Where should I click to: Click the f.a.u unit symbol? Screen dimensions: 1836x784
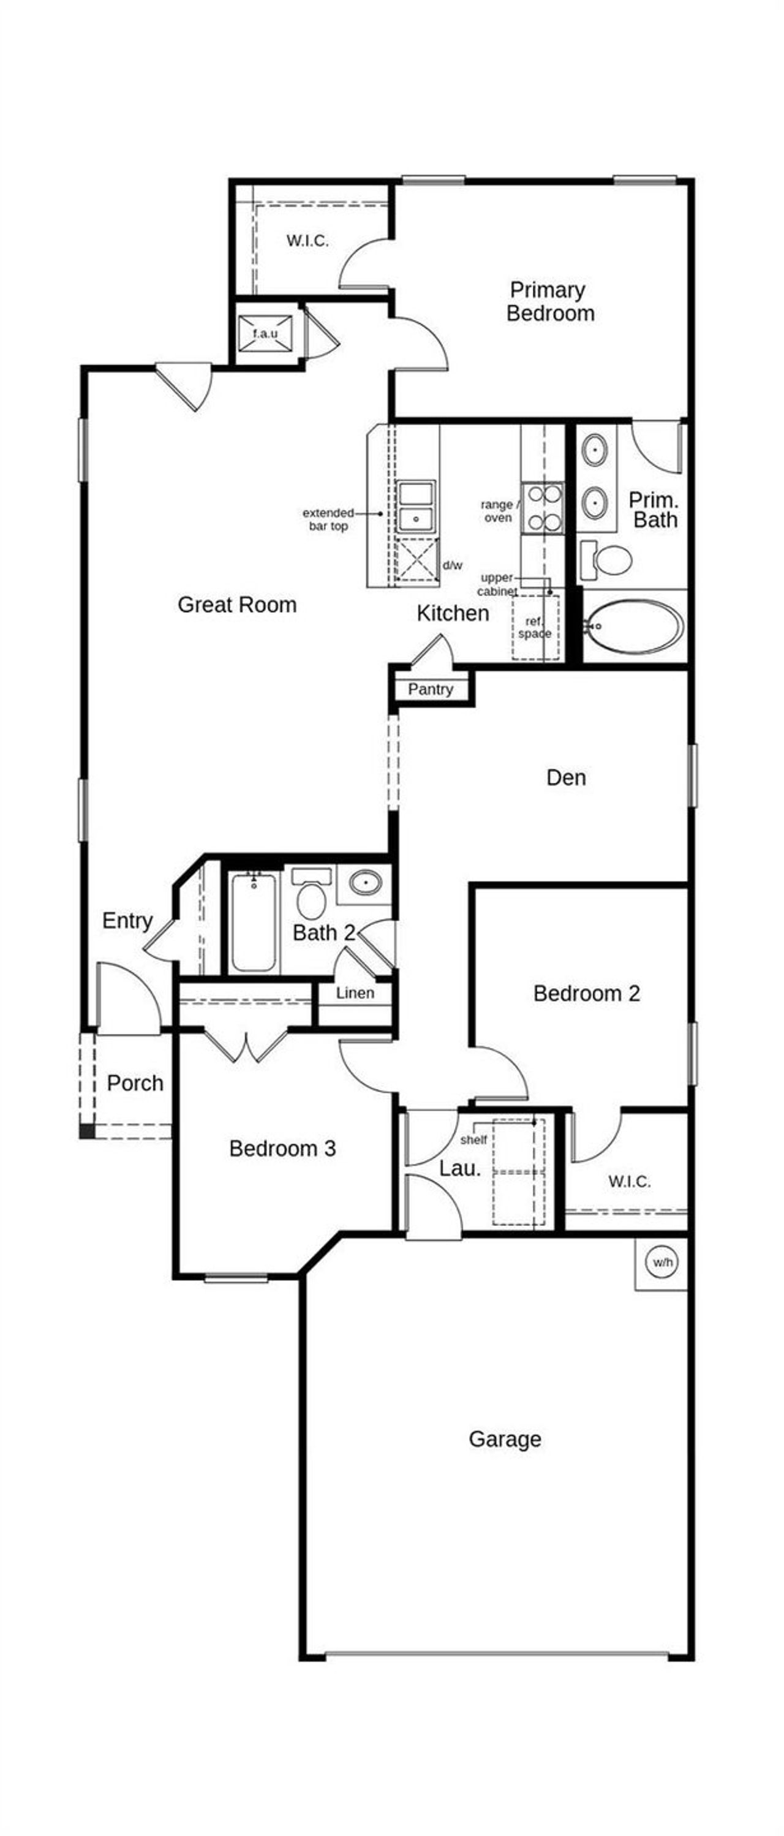(265, 333)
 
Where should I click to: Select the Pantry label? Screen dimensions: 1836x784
(431, 689)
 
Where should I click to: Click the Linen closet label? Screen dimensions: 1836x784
(355, 993)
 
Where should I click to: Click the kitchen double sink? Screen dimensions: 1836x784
(415, 506)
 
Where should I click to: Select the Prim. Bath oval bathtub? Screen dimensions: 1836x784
(633, 627)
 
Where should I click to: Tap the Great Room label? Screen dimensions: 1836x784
(236, 605)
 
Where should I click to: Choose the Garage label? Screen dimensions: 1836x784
(505, 1438)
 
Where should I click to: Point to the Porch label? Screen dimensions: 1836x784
(135, 1082)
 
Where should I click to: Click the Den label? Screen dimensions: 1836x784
(566, 777)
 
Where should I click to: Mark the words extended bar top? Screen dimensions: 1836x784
(328, 519)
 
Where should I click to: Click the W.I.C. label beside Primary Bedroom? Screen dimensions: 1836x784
(307, 241)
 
